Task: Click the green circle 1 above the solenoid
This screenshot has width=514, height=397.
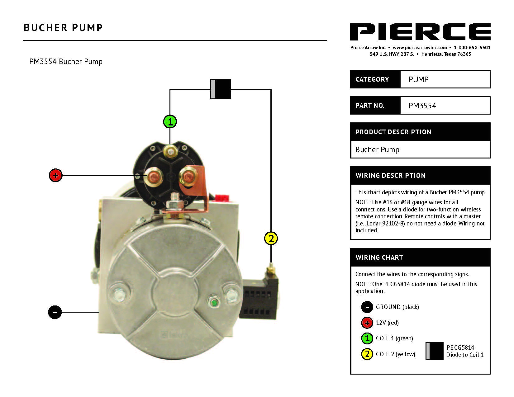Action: coord(170,121)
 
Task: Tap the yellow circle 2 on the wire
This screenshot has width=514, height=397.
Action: coord(271,239)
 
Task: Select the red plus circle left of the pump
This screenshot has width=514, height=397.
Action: coord(56,176)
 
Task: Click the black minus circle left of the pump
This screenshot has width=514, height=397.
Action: coord(55,312)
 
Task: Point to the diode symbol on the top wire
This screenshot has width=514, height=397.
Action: coord(221,89)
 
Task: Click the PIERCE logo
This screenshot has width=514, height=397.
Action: coord(420,32)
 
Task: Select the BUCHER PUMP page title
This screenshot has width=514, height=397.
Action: coord(63,28)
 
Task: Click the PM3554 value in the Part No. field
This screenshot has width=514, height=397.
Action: coord(422,106)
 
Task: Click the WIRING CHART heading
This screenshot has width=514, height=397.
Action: coord(379,258)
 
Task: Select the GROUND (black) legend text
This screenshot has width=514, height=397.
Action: coord(397,307)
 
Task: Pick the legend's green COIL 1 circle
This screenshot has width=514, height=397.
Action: coord(367,338)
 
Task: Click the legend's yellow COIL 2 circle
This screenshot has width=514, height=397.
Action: coord(367,354)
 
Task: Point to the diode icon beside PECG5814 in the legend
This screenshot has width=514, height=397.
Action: coord(434,351)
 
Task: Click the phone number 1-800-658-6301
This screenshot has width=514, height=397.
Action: coord(472,48)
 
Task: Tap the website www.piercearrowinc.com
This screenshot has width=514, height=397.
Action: coord(420,48)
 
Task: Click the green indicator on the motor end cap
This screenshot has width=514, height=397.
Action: coord(214,302)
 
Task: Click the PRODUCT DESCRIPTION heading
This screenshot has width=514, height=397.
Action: coord(393,132)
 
